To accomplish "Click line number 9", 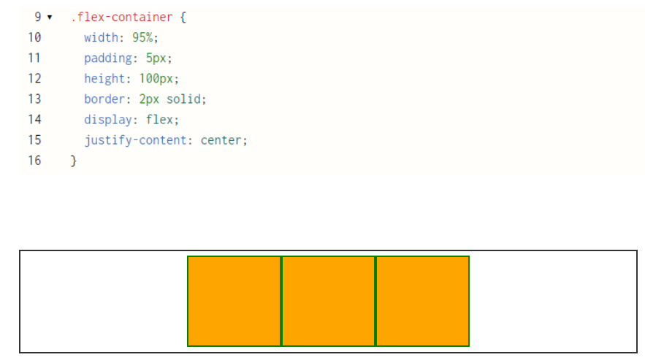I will [x=37, y=17].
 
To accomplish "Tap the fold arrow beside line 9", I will [x=50, y=17].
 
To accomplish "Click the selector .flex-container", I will [x=122, y=17].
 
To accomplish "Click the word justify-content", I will [x=139, y=139].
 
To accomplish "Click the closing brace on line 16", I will [x=73, y=161].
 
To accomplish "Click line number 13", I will [x=34, y=99].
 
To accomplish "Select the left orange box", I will [x=234, y=301].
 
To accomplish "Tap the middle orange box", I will [x=328, y=301].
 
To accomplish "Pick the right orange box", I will [x=422, y=301].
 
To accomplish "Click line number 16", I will [x=34, y=161].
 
